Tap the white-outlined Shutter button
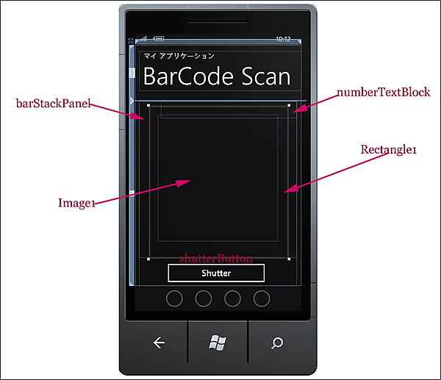[x=216, y=273]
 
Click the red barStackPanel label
[x=52, y=104]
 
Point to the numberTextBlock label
[x=383, y=93]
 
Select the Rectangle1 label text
[x=389, y=149]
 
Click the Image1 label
[x=77, y=203]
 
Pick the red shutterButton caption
[x=217, y=258]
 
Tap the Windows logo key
[x=217, y=342]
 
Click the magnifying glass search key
[x=277, y=342]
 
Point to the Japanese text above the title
[x=179, y=56]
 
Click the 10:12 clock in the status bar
[x=283, y=39]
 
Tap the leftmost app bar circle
[x=174, y=298]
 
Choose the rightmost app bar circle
[x=262, y=298]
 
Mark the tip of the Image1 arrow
[x=190, y=180]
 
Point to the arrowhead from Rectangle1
[x=287, y=191]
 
